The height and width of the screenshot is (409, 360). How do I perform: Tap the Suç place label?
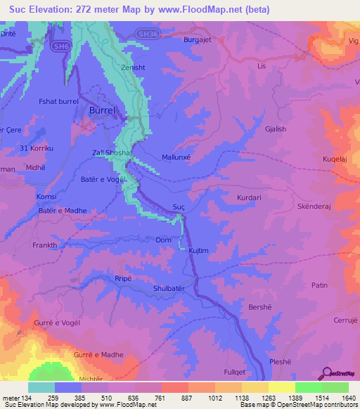(x=179, y=207)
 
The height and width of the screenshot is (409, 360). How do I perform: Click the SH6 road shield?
(x=61, y=46)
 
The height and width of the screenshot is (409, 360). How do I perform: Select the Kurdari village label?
(x=249, y=198)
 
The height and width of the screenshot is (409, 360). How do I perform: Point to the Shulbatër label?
(x=171, y=288)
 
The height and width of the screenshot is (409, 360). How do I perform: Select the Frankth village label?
(x=44, y=245)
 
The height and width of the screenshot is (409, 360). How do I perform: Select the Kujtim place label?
(x=200, y=251)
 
